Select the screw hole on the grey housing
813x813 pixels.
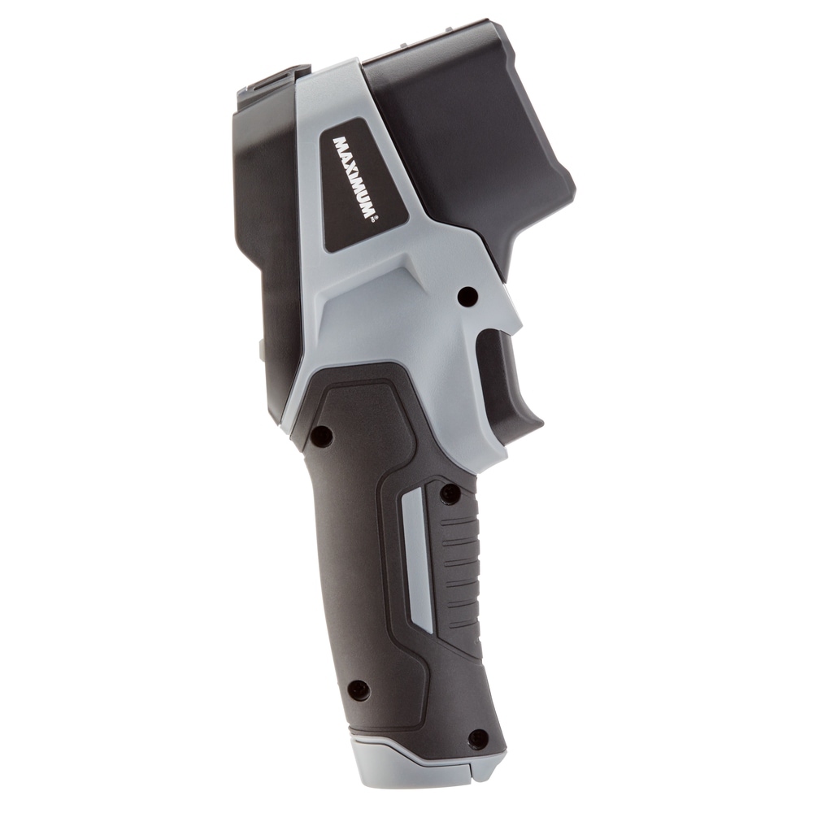pyautogui.click(x=468, y=296)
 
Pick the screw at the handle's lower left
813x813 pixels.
pyautogui.click(x=360, y=689)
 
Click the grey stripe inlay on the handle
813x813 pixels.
pyautogui.click(x=416, y=559)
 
